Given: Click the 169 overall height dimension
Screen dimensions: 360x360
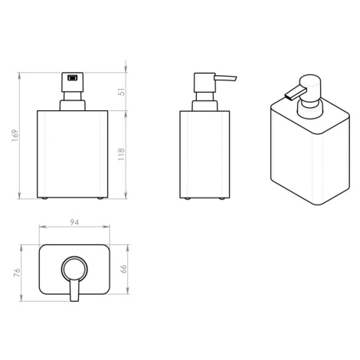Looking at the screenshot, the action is click(15, 136).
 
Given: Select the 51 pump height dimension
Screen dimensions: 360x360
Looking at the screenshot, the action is click(123, 92).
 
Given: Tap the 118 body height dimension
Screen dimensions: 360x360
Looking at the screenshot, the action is click(121, 154).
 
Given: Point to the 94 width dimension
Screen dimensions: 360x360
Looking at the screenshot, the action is click(74, 222).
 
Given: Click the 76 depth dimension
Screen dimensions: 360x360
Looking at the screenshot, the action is click(16, 273).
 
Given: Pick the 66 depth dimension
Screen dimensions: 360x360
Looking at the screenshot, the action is click(123, 269).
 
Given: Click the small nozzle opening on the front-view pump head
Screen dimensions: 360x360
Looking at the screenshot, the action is click(72, 77).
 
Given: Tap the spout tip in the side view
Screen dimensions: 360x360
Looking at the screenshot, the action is click(236, 78).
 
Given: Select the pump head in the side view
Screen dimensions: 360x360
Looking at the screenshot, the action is click(205, 83).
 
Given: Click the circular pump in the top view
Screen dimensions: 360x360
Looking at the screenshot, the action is click(74, 269).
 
